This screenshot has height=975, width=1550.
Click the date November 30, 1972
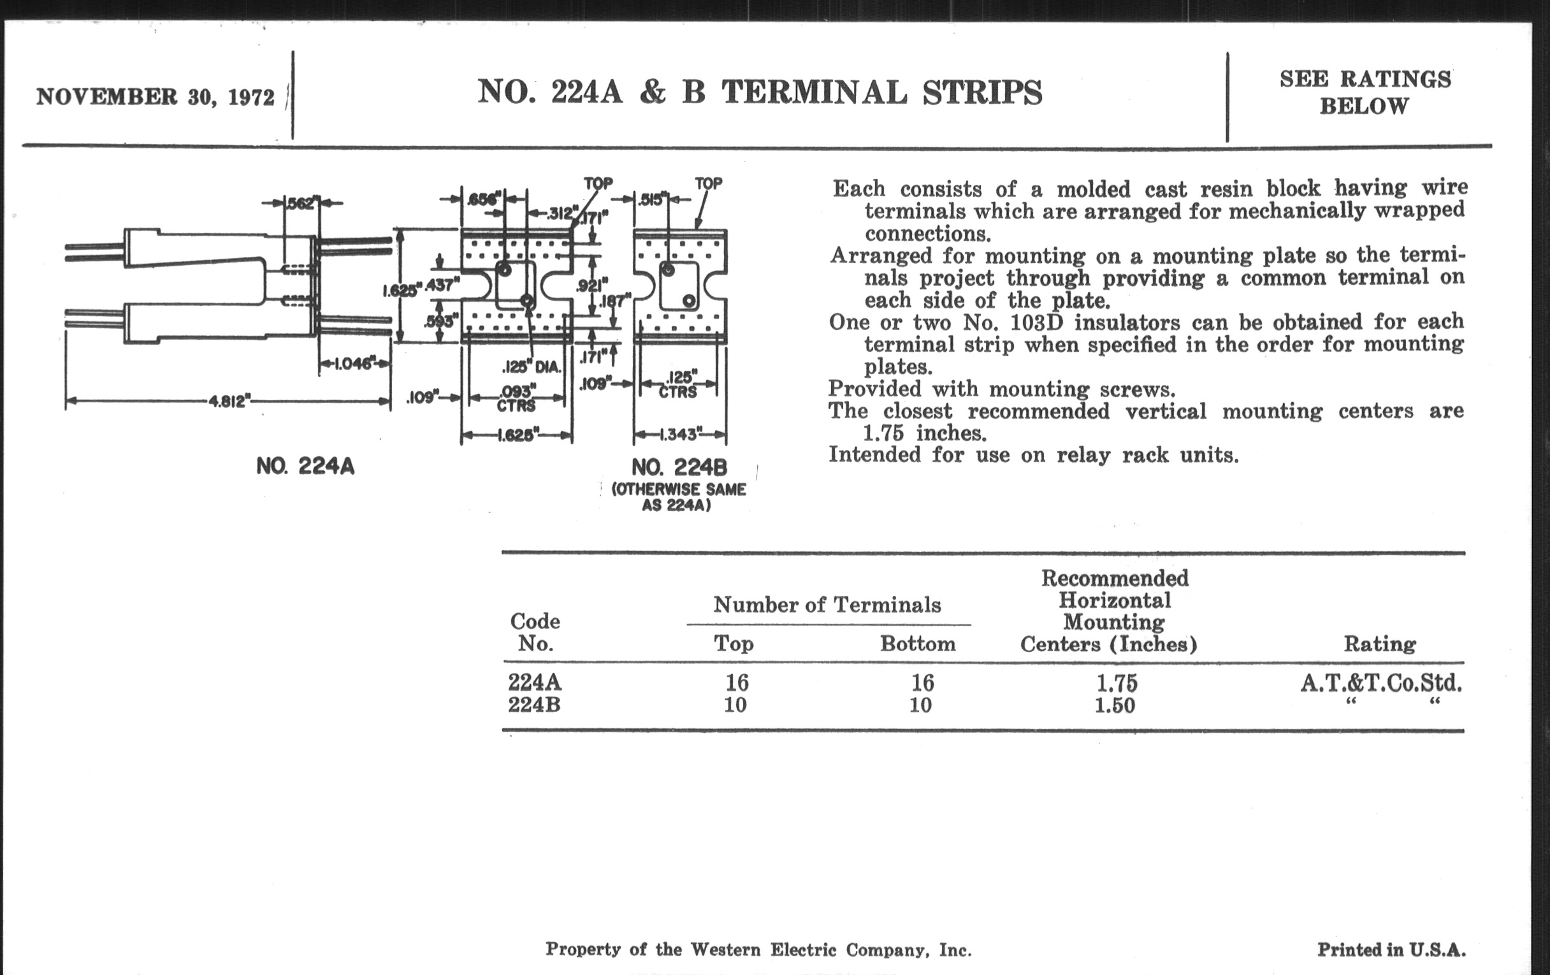155,97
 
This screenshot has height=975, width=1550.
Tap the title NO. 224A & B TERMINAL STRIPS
760,92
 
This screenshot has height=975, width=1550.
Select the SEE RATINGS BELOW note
1365,92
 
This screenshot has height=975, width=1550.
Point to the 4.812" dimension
228,401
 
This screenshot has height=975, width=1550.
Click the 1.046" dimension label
353,364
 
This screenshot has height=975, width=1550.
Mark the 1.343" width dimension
680,435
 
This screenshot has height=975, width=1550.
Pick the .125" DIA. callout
532,368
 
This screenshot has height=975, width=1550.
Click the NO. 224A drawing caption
305,466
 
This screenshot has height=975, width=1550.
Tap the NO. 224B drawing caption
679,466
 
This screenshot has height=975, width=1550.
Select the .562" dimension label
301,203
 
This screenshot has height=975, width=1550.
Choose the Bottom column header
918,644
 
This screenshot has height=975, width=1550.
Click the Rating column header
1379,644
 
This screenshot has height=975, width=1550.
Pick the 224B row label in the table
533,705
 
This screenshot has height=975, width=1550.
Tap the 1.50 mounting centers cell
1115,705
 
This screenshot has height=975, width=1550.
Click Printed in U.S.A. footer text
1392,950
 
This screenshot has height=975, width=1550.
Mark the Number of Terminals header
827,605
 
